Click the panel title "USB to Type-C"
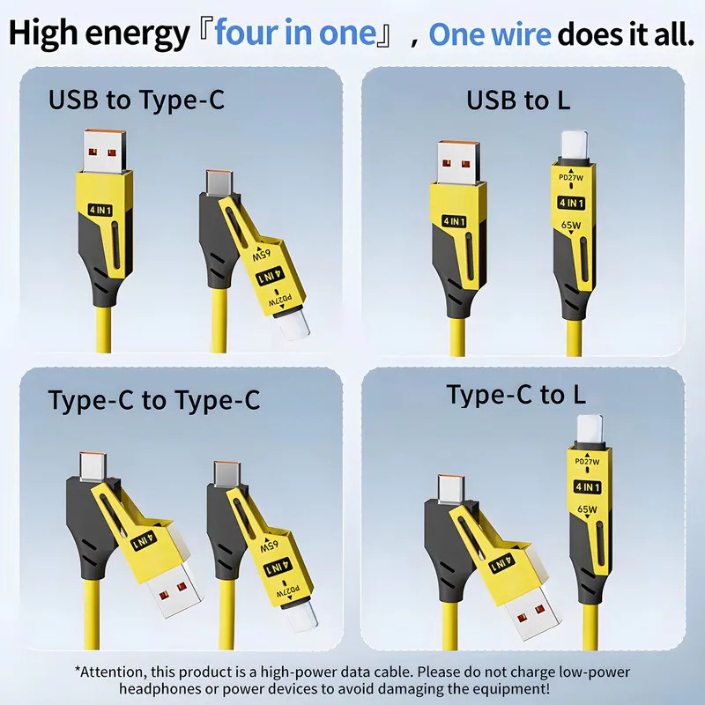coord(137,100)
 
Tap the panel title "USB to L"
coord(518,100)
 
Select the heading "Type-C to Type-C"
coord(153,400)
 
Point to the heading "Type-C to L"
coord(516,395)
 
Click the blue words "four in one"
coord(295,33)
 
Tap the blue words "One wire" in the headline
coord(490,33)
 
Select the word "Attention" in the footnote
coord(113,672)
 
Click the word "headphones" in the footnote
coord(160,688)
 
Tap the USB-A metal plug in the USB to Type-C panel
coord(104,151)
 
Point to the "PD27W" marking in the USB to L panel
coord(571,178)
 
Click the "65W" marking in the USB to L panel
coord(570,226)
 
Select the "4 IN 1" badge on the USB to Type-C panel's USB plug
coord(100,210)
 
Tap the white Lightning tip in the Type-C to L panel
coord(590,431)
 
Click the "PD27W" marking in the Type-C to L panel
coord(587,462)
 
